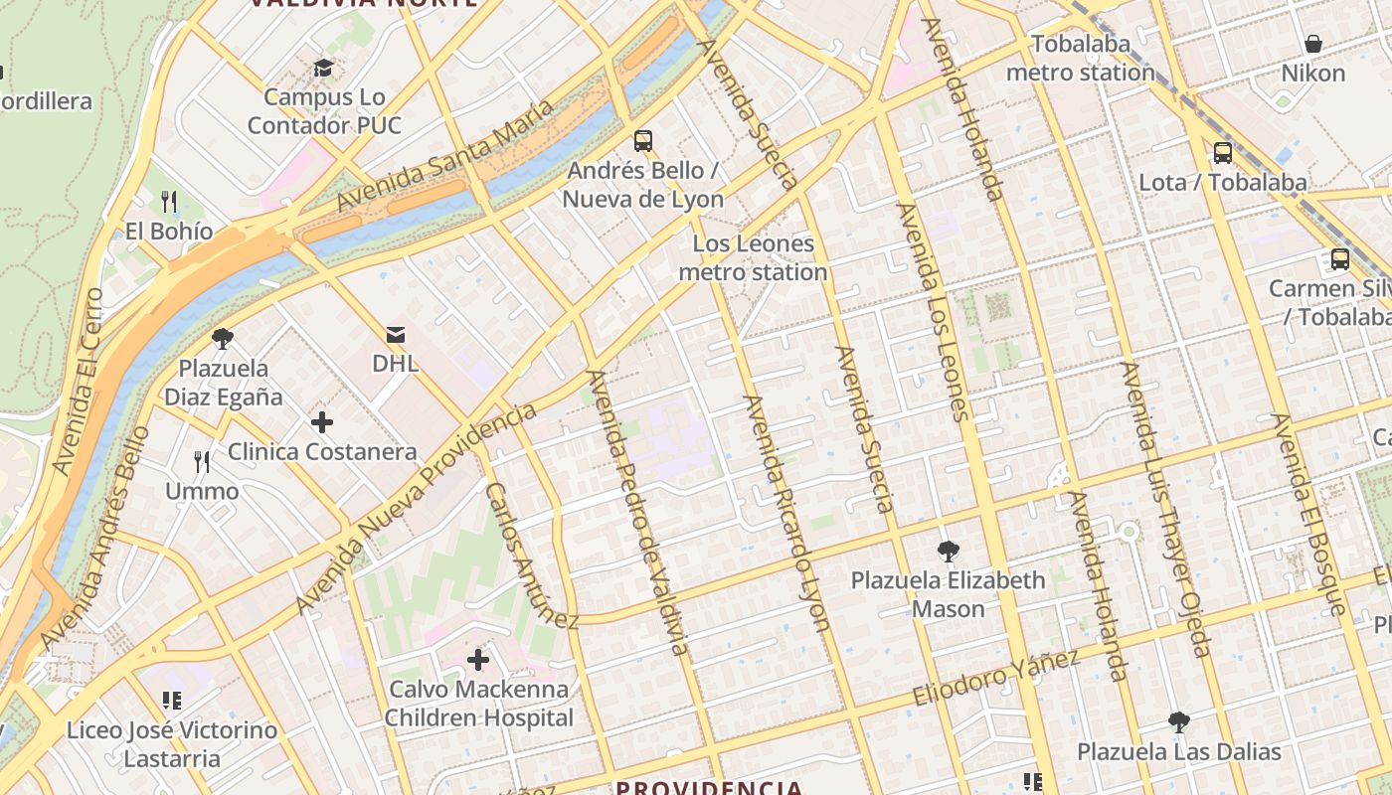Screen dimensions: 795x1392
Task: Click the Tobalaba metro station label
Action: click(1081, 59)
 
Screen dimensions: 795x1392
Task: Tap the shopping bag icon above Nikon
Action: click(1312, 44)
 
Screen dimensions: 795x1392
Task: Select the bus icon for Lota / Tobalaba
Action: click(1222, 153)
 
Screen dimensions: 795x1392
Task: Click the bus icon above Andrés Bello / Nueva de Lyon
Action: click(643, 140)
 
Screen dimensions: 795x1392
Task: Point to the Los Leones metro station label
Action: click(753, 258)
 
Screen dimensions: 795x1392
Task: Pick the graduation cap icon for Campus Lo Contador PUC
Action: click(323, 68)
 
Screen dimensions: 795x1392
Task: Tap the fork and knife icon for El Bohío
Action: click(169, 202)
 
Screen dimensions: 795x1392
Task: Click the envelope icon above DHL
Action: click(396, 334)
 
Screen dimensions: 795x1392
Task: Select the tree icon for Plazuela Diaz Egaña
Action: click(223, 339)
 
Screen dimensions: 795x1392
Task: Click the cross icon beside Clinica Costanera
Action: click(322, 422)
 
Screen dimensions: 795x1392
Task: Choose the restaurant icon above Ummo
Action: click(202, 462)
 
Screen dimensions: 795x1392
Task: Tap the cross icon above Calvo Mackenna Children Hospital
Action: click(478, 659)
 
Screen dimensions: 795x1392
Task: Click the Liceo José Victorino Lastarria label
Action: click(172, 744)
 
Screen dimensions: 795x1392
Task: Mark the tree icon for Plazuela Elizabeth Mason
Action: click(949, 551)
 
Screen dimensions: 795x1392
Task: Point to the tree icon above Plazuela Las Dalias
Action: click(1179, 721)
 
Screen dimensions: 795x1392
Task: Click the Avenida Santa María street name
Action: click(443, 156)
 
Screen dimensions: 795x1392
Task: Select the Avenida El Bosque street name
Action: click(1309, 514)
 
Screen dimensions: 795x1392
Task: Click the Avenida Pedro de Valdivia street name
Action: click(637, 512)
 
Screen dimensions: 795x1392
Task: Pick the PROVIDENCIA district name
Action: click(708, 787)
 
